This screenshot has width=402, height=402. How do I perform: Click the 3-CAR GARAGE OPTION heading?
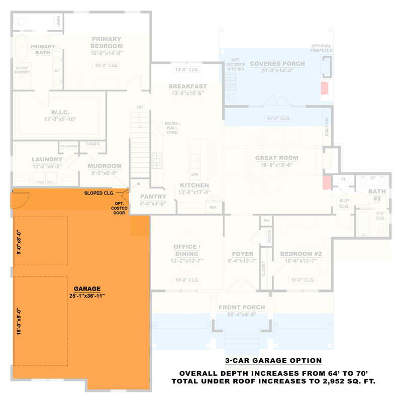[273, 360]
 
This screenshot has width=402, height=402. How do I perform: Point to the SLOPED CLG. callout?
[99, 192]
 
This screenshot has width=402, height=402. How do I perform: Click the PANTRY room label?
[153, 196]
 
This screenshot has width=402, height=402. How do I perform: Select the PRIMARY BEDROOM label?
[106, 42]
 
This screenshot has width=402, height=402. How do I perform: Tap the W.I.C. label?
[60, 112]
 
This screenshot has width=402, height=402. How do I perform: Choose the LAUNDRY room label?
[47, 160]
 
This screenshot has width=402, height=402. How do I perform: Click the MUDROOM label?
[105, 166]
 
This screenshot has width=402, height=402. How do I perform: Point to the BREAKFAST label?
[187, 86]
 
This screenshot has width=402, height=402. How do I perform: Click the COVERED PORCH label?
[277, 64]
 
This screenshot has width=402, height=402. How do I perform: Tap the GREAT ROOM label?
[276, 158]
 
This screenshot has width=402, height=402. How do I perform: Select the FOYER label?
[243, 254]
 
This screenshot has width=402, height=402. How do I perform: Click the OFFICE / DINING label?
[187, 250]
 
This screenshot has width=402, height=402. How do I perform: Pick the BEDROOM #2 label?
[300, 254]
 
